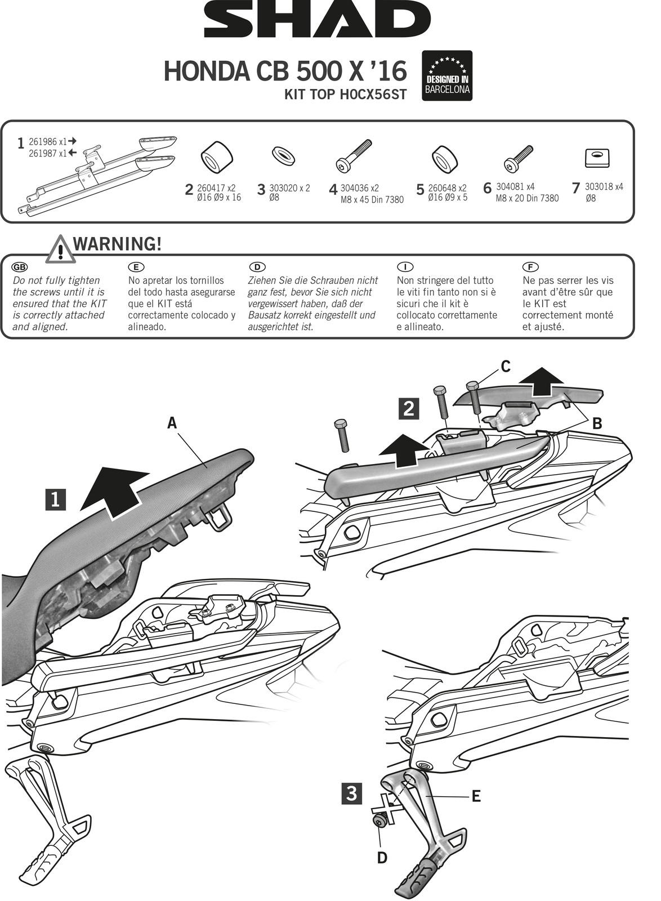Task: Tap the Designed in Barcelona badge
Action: pos(447,76)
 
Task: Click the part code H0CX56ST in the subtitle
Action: pos(373,95)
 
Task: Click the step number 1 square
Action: pos(55,499)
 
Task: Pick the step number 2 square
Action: pos(408,408)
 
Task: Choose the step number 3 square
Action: pos(351,794)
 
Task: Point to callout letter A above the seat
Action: pos(172,422)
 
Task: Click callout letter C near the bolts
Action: pos(506,367)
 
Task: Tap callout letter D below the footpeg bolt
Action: pos(382,858)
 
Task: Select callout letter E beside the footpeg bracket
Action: pos(476,796)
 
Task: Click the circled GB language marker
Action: pos(20,267)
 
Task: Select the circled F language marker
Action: pos(530,267)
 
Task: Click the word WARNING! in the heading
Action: pos(117,244)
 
